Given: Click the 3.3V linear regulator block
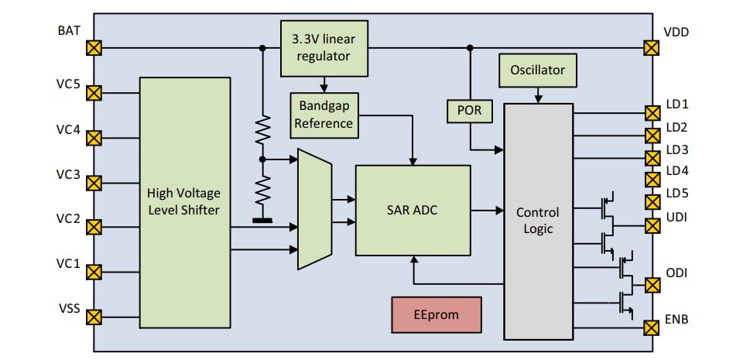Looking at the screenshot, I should coord(324,48).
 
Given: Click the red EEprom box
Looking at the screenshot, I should coord(437,315).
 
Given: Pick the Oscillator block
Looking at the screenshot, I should coord(537,70).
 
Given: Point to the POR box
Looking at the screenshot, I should coord(469,111).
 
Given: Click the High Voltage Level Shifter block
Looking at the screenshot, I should coord(185,203).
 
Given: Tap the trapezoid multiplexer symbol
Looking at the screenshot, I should coord(314,210).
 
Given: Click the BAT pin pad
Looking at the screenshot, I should coord(94,48).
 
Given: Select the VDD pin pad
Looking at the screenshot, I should coord(652,48).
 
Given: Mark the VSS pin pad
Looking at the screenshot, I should coord(94,317).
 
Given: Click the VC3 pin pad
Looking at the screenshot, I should coord(94,183).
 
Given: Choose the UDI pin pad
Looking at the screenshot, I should coord(652,226).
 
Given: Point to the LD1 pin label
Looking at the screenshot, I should coord(676,104).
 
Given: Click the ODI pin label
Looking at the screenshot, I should coord(677,273).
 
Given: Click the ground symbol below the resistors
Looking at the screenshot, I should coord(262,221).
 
